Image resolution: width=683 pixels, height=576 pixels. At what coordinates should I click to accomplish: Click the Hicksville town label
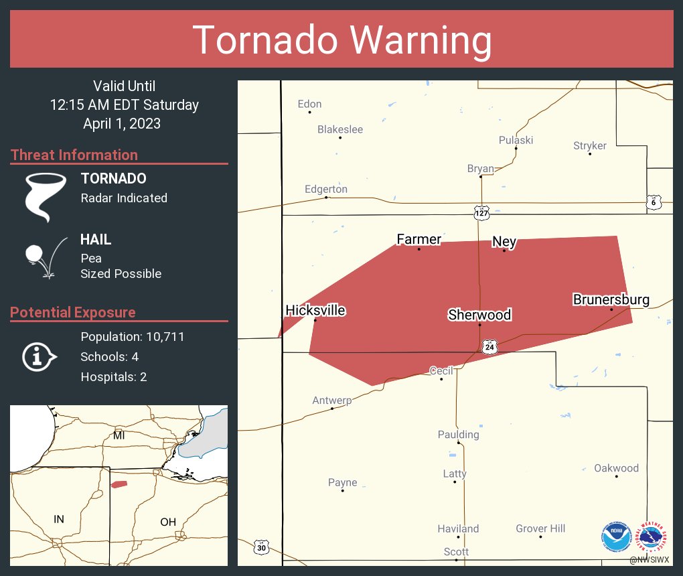315,311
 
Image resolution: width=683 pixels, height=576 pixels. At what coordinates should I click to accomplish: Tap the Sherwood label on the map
479,315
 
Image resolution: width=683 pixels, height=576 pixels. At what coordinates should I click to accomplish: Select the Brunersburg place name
611,299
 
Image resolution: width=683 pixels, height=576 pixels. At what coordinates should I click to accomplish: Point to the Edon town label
309,104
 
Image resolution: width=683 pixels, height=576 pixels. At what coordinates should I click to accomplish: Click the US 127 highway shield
482,212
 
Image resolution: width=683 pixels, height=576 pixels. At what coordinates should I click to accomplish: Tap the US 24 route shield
489,346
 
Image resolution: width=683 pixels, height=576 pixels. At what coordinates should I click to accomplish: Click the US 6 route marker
654,202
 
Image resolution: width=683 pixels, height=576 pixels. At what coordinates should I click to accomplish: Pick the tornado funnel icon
45,197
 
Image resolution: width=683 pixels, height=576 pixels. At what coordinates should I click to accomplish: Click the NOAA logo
616,536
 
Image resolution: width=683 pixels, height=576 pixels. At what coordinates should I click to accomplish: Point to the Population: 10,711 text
132,336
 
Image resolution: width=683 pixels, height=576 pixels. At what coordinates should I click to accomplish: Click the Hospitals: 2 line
113,376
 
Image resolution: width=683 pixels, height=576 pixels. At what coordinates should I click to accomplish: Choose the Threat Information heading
74,155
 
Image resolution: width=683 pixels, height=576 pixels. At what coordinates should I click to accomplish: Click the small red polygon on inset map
119,484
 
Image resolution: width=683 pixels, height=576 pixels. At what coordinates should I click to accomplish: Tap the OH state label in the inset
167,522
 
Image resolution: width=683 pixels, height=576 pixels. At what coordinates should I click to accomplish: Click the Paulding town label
458,435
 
